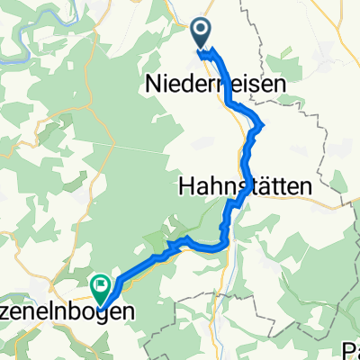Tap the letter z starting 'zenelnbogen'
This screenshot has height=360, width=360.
[x=6, y=313]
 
